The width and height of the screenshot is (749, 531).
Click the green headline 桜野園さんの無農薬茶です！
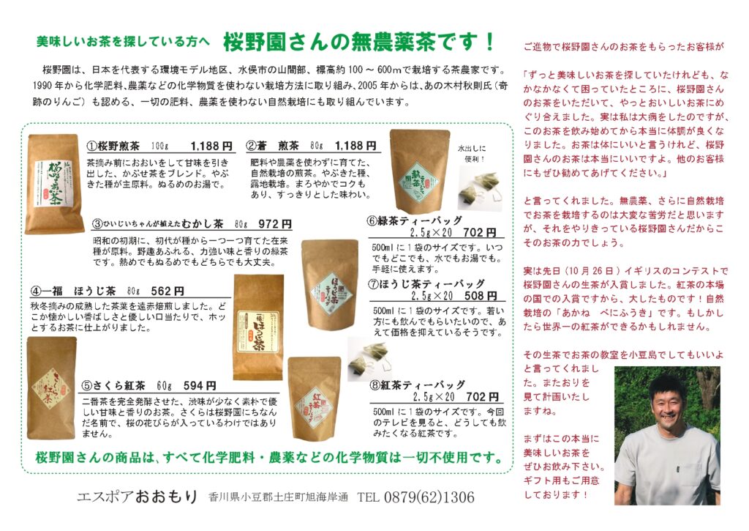pos(359,42)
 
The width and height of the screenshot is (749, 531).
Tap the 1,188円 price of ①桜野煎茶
pos(211,146)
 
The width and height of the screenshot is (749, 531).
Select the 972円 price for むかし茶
pos(275,223)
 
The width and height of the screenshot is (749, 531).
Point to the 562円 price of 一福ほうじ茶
pos(168,290)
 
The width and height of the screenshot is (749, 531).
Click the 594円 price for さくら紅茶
pos(200,385)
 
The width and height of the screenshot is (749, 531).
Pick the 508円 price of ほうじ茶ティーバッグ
pos(481,296)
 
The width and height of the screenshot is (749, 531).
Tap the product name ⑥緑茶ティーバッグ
pos(415,220)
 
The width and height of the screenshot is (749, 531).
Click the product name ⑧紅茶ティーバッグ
pos(418,385)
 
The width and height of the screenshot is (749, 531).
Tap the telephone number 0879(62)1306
pos(429,497)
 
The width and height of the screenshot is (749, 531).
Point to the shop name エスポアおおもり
pos(137,497)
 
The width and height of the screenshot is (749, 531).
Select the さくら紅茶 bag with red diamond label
pos(51,388)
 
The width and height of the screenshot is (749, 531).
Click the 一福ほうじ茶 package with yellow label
pos(258,327)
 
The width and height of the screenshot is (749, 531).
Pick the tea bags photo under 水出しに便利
pos(479,190)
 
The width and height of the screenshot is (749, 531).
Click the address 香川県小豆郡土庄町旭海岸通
pos(278,497)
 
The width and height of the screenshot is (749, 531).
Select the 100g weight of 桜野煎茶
pos(160,146)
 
